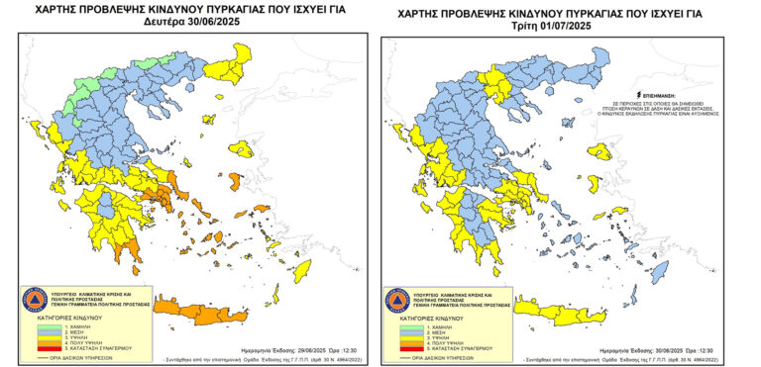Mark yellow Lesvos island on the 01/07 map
coord(598,152)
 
